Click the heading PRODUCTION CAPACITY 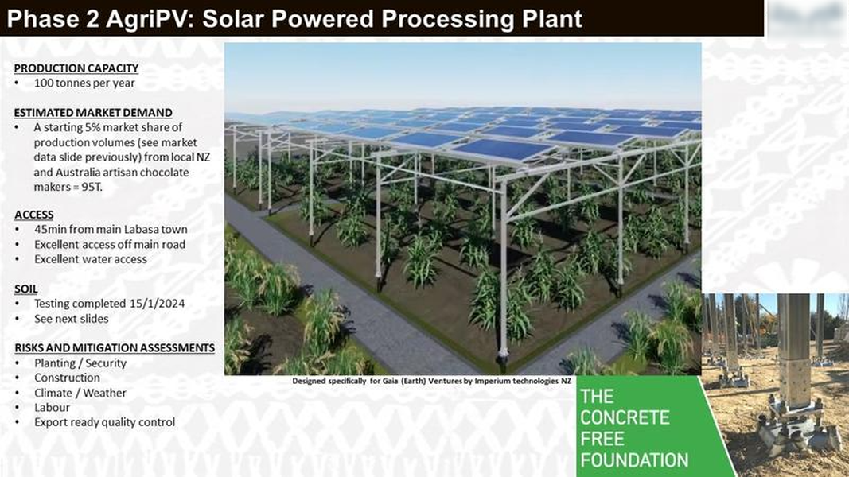click(76, 68)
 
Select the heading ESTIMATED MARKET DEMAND click(93, 112)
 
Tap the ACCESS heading click(34, 215)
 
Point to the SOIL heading click(26, 289)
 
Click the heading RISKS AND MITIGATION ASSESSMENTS click(115, 347)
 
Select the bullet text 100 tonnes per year click(84, 83)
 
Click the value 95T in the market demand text click(91, 187)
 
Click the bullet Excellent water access click(91, 259)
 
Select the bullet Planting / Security click(80, 363)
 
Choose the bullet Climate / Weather click(80, 393)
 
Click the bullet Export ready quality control click(104, 422)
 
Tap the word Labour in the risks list click(52, 407)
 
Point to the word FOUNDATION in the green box click(634, 460)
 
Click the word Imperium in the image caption click(493, 381)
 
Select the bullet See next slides click(71, 319)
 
